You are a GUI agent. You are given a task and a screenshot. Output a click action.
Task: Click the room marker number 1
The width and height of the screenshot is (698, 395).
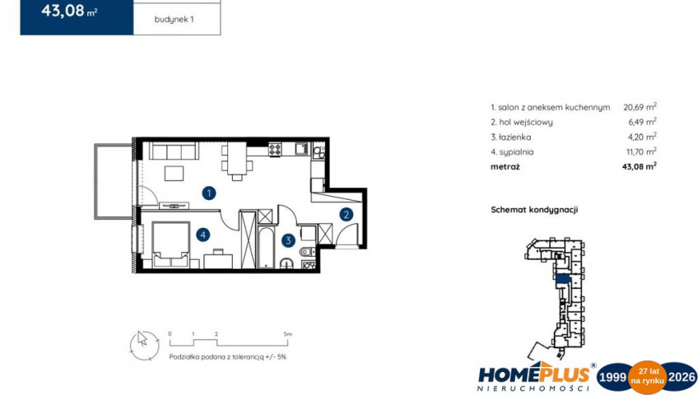(x=209, y=193)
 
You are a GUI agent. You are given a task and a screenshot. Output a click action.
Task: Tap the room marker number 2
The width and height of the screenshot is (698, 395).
(x=347, y=215)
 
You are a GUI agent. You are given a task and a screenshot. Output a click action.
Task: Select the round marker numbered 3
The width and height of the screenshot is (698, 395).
(x=288, y=240)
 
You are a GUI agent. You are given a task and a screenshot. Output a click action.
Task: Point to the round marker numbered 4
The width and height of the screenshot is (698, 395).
(x=203, y=235)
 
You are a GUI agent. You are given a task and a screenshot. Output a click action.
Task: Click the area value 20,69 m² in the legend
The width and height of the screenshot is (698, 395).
(x=640, y=107)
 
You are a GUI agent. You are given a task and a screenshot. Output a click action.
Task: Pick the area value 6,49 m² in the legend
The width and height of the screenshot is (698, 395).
(x=642, y=122)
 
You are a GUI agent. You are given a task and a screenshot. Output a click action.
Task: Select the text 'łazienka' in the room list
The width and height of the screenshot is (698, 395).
(x=515, y=137)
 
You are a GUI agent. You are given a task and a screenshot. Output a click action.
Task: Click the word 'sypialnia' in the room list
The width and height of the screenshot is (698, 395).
(x=516, y=152)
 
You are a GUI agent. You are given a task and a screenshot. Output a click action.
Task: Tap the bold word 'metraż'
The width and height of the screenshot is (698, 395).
(x=505, y=167)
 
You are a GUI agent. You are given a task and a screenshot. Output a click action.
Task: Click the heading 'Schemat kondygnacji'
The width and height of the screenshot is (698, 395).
(x=534, y=210)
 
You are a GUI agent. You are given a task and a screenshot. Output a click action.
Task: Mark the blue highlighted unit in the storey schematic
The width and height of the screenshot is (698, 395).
(x=563, y=279)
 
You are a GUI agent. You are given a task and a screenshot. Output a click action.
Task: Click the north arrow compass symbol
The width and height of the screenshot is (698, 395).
(x=144, y=345)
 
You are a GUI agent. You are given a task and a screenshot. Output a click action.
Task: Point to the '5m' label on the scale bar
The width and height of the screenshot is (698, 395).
(x=287, y=334)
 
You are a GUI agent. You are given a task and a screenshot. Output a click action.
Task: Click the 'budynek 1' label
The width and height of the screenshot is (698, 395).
(x=174, y=20)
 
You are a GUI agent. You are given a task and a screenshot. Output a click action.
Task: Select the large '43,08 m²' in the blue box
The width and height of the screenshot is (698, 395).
(x=69, y=11)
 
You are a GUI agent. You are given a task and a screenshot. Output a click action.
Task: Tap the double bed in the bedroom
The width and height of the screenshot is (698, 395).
(x=171, y=245)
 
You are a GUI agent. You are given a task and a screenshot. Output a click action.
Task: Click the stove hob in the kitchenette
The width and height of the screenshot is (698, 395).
(x=275, y=149)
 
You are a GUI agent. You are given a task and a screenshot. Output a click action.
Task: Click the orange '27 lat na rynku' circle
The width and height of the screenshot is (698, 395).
(x=647, y=377)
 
